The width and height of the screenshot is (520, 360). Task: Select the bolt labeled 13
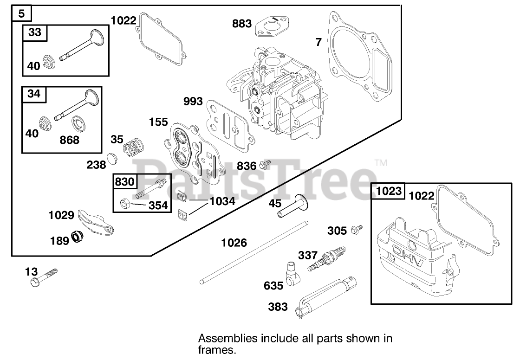coord(44,277)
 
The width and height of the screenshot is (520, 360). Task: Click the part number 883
coord(242,23)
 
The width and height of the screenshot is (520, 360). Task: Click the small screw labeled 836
coord(266,164)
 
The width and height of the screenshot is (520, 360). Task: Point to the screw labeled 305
coord(357,228)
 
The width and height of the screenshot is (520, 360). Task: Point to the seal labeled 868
coord(79,125)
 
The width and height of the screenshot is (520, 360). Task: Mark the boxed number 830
coord(124,182)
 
